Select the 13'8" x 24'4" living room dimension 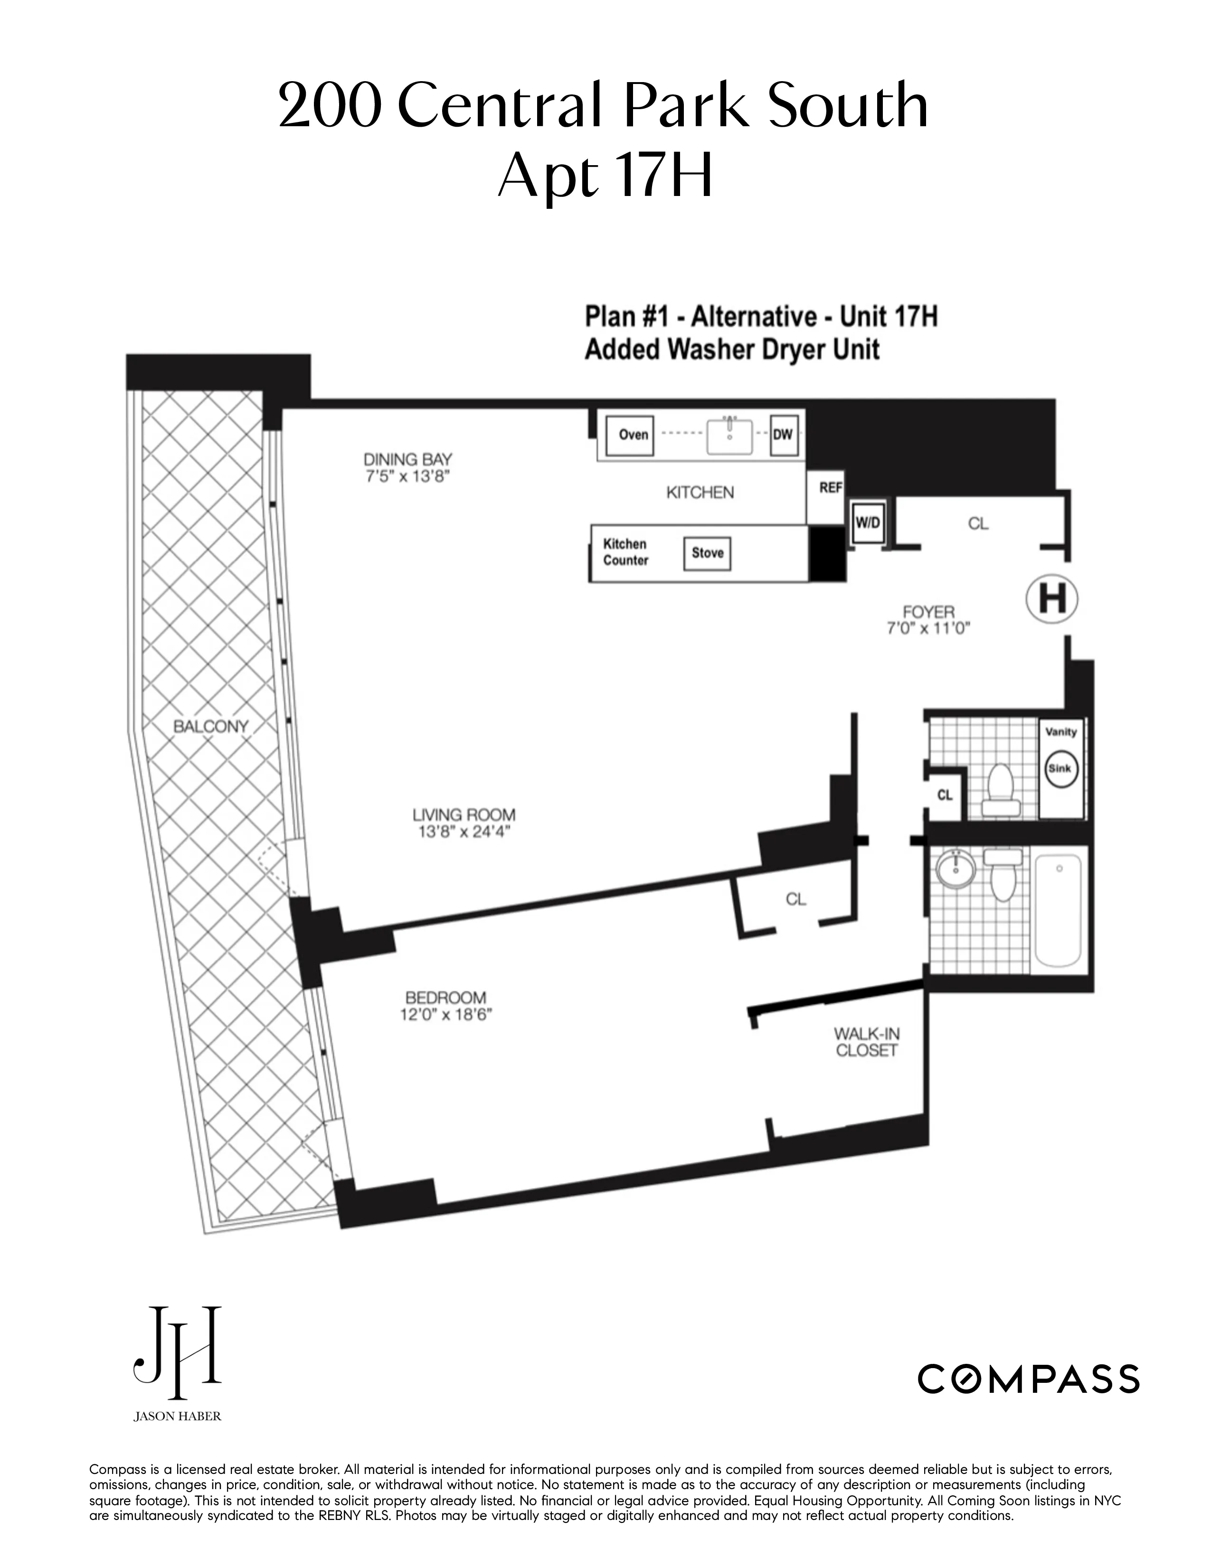[x=464, y=832]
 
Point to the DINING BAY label [x=407, y=459]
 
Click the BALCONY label [x=210, y=727]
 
